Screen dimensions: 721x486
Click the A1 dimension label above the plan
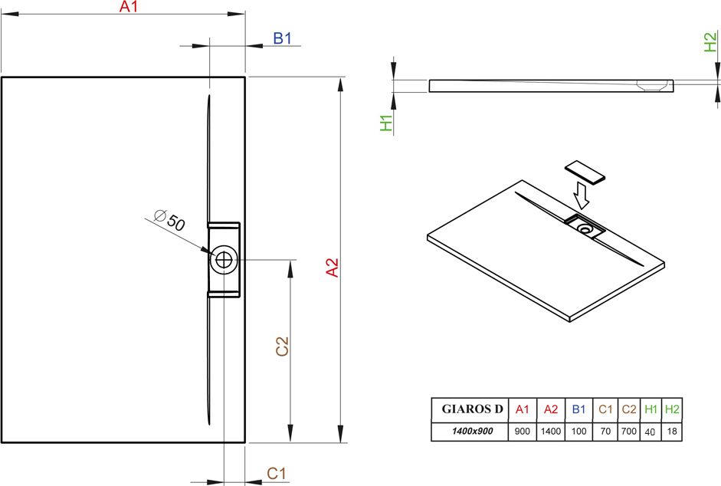coord(128,6)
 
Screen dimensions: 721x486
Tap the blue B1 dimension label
coord(282,38)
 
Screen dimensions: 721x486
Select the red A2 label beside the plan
coord(332,268)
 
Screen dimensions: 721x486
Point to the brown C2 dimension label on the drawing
coord(282,346)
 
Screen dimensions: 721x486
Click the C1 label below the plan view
coord(277,473)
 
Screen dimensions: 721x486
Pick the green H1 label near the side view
coord(387,123)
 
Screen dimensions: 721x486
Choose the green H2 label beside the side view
coord(710,42)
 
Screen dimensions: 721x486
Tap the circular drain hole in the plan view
coord(224,260)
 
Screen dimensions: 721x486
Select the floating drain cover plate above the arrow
coord(585,172)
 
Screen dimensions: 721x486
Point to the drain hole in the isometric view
coord(586,228)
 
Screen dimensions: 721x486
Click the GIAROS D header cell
coord(470,409)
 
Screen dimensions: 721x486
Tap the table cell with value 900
coord(523,432)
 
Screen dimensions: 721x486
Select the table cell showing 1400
coord(551,432)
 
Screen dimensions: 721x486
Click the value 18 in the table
coord(672,432)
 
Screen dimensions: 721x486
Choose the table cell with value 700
coord(628,432)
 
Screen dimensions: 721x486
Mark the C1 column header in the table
coord(605,409)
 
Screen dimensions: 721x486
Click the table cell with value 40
coord(651,432)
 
